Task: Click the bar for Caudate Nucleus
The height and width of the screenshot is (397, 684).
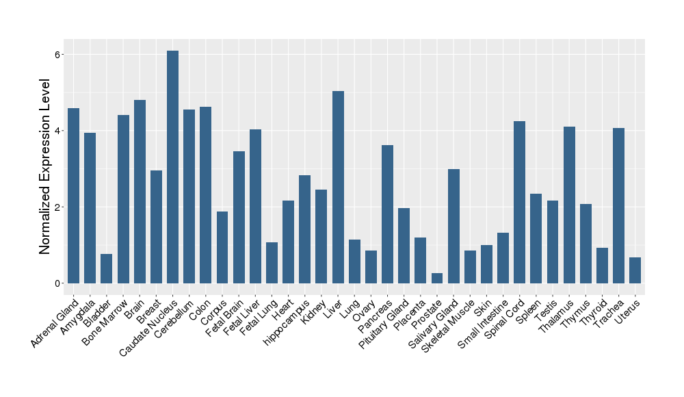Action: point(172,167)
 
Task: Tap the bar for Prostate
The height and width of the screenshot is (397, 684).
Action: point(437,278)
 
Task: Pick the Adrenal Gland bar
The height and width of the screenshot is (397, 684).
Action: point(73,196)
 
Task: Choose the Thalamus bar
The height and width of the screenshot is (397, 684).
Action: point(569,205)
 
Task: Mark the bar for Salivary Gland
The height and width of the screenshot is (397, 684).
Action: point(453,226)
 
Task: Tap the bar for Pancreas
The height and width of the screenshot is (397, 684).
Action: point(387,214)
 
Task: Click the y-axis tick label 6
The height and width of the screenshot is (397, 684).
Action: point(59,54)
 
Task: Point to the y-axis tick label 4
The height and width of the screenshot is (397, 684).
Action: point(59,131)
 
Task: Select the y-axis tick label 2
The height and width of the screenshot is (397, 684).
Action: point(59,207)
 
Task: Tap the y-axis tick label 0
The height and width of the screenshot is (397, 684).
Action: point(59,283)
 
